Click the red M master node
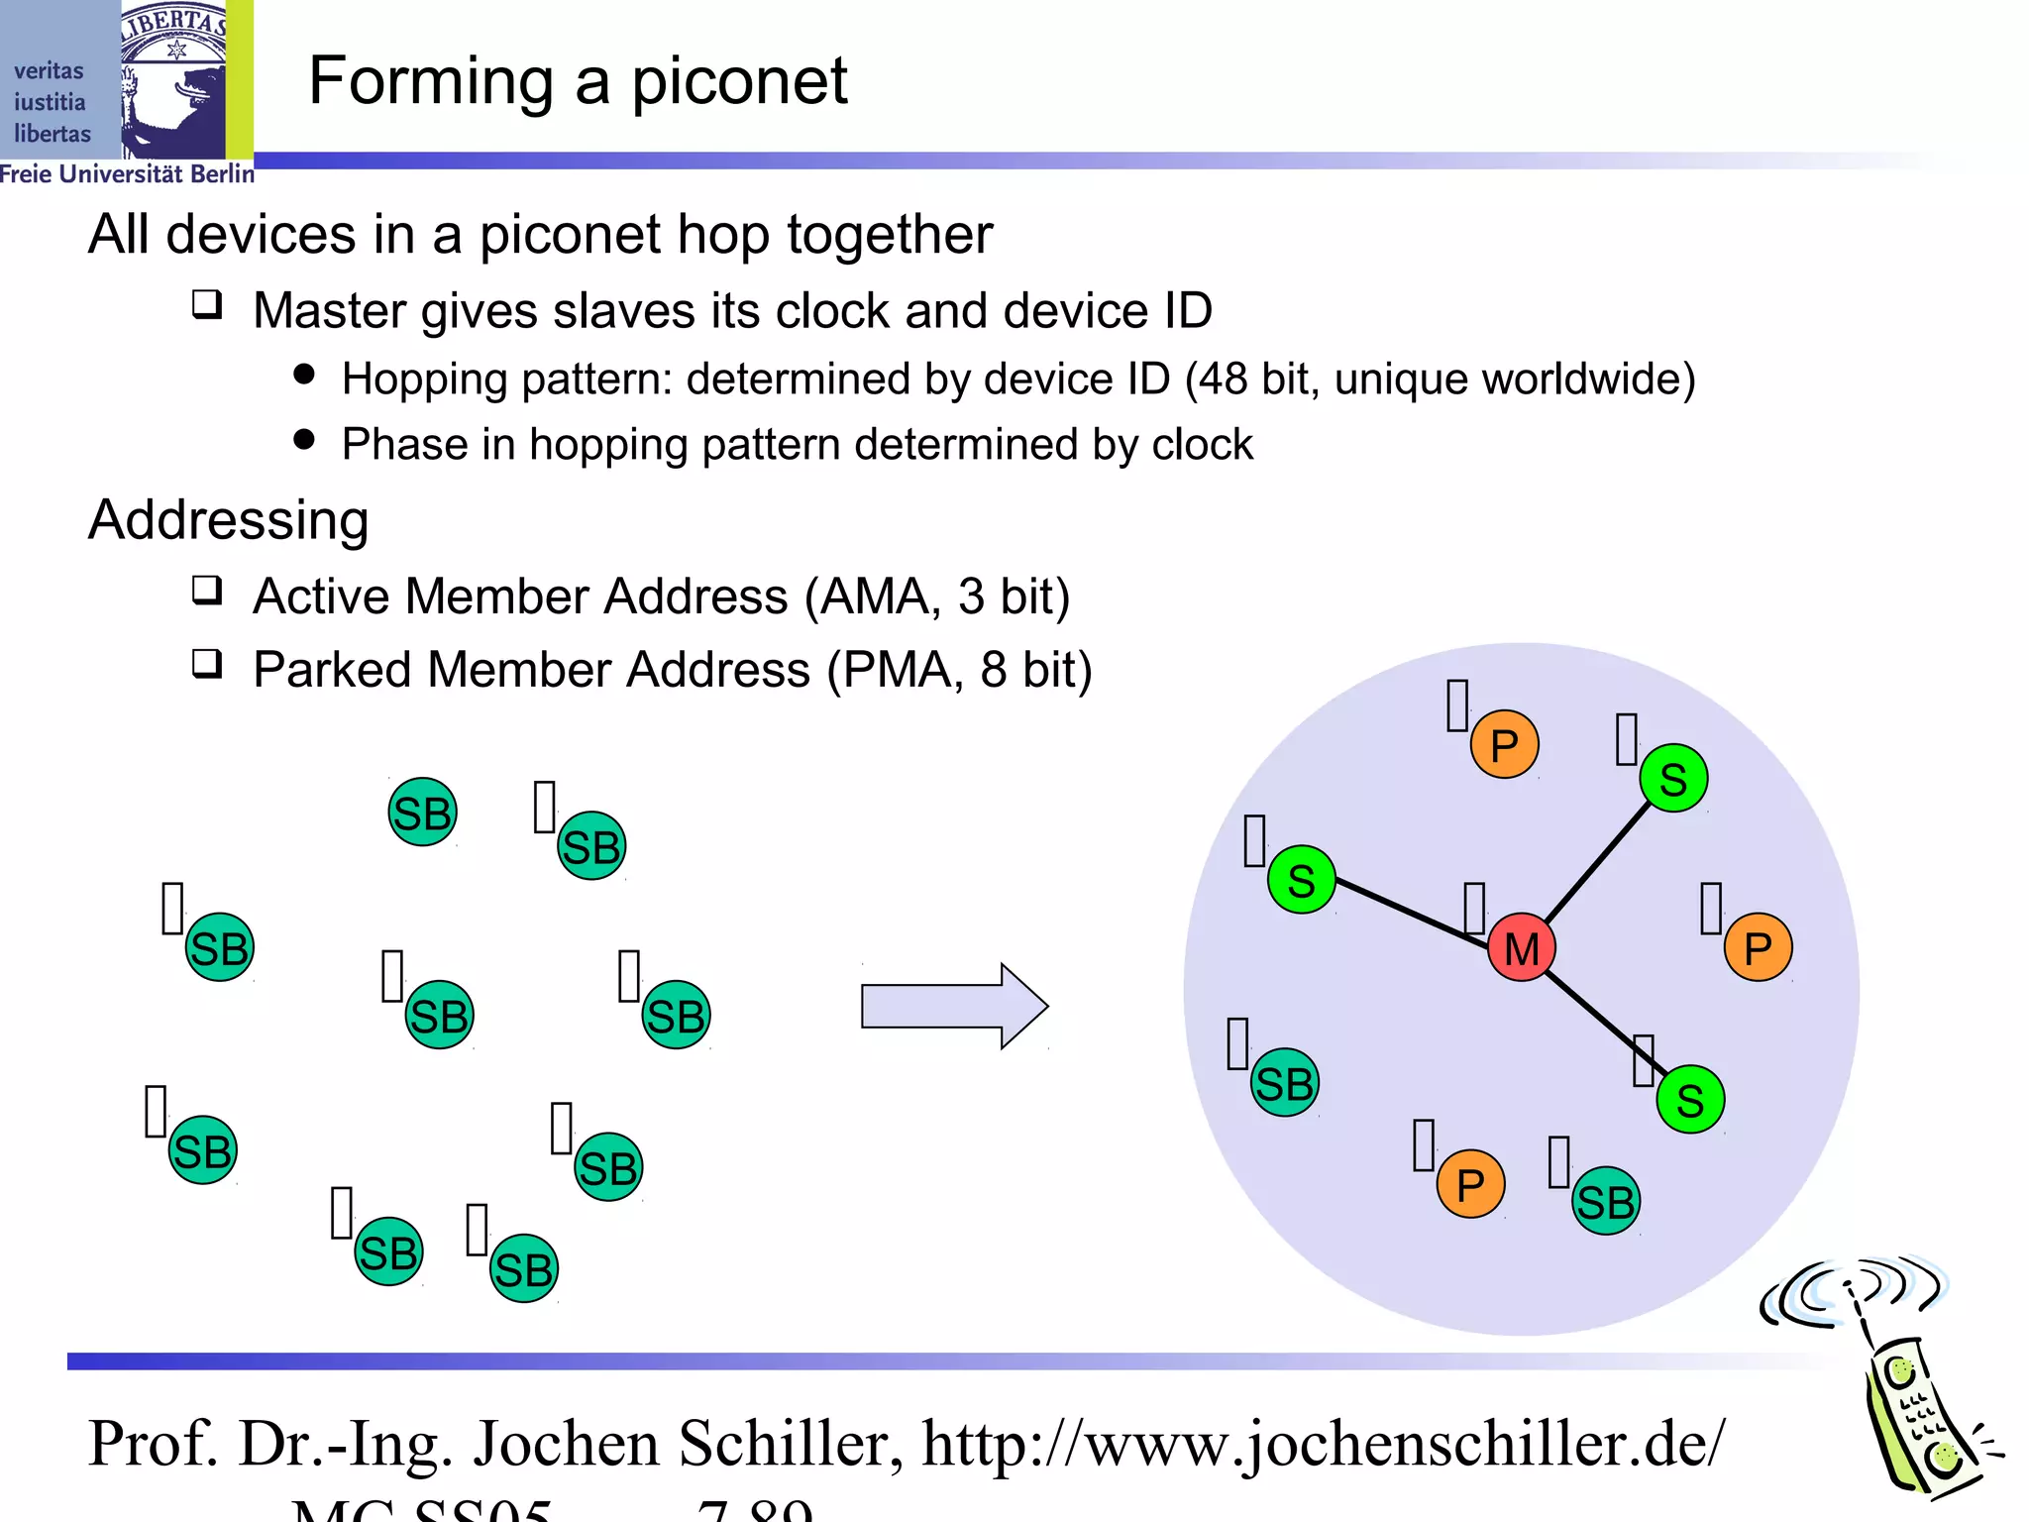(x=1521, y=947)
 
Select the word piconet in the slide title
(x=739, y=81)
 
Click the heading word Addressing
(x=229, y=519)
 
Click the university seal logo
(x=174, y=79)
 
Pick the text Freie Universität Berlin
(x=127, y=174)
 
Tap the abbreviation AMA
(x=873, y=597)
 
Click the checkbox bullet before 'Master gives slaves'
(x=207, y=304)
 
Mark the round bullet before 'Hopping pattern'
(x=304, y=374)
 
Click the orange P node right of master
(x=1758, y=948)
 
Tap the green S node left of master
(x=1301, y=880)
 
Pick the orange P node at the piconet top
(x=1504, y=744)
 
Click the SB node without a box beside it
(x=422, y=813)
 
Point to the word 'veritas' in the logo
(x=49, y=71)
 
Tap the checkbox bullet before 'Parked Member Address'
(x=207, y=663)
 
